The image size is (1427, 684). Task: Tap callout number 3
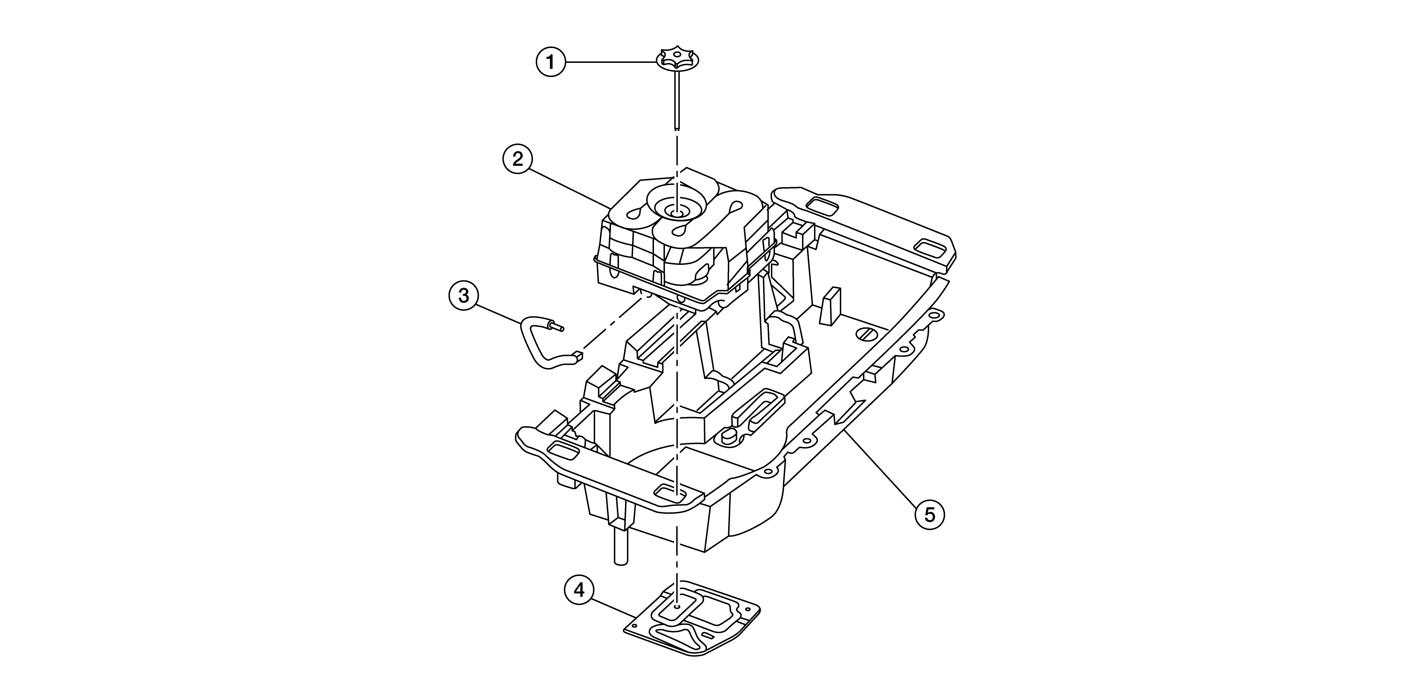(464, 296)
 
